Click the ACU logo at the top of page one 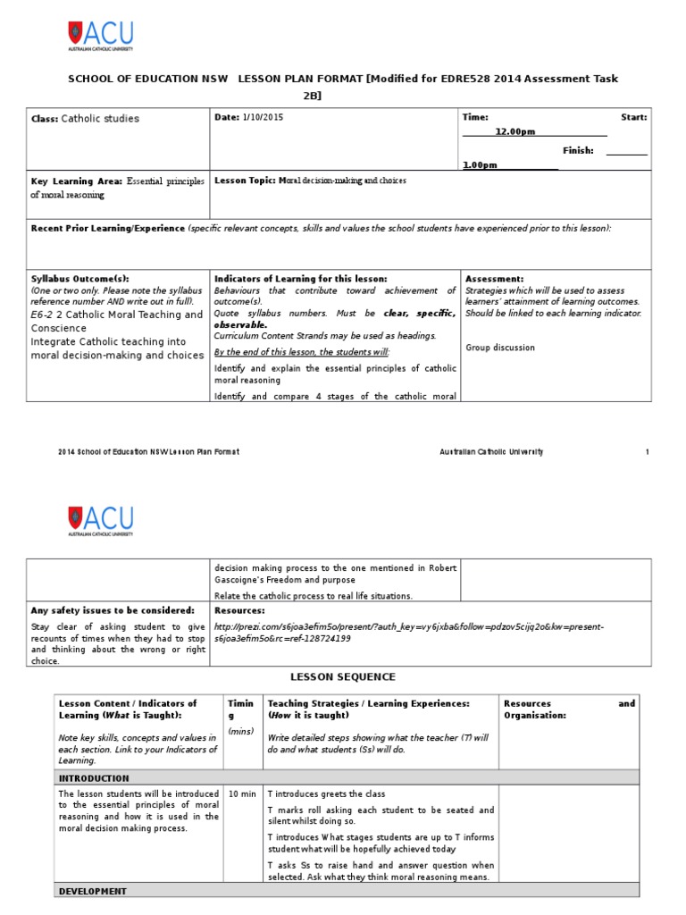(100, 36)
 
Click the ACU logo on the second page (100, 519)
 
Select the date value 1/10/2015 (262, 118)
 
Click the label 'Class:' (45, 119)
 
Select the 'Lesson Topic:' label (245, 180)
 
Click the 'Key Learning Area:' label (77, 180)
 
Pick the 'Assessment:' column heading (495, 279)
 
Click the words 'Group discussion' (500, 348)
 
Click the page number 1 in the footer (647, 452)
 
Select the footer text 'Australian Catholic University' (491, 452)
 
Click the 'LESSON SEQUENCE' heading (343, 677)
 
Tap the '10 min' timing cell (242, 793)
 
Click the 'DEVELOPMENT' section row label (92, 891)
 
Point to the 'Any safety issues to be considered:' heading (113, 610)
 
